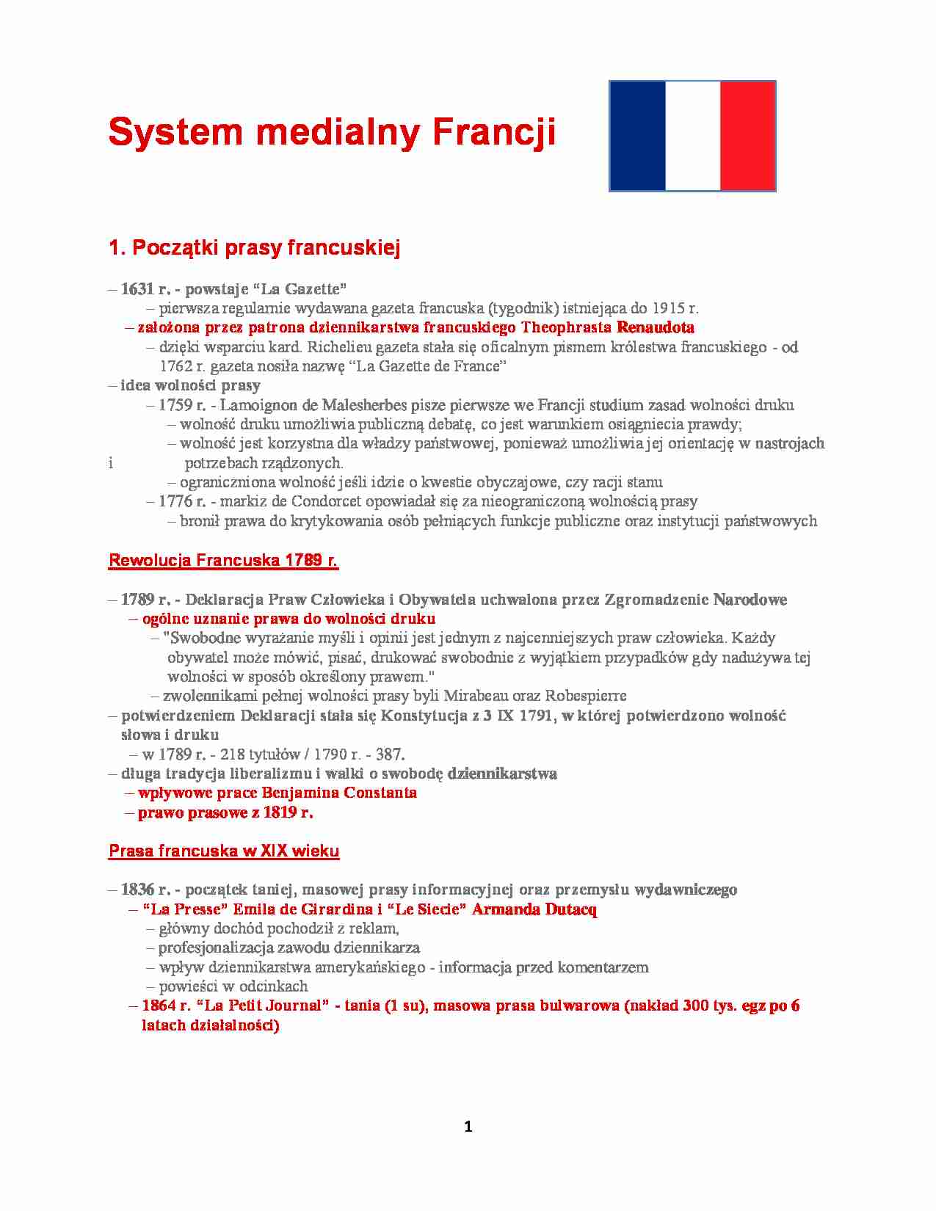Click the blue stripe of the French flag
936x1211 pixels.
(637, 136)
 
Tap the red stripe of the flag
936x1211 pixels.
(747, 136)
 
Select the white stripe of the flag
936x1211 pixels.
(692, 136)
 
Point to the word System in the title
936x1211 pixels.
(175, 132)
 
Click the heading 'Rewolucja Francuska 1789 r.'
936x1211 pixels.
(223, 561)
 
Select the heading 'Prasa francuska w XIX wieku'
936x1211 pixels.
(224, 851)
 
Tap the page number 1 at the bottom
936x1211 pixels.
(468, 1127)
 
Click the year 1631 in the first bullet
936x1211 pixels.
(137, 289)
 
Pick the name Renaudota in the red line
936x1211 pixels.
(656, 327)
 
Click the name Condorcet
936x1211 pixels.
(327, 502)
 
